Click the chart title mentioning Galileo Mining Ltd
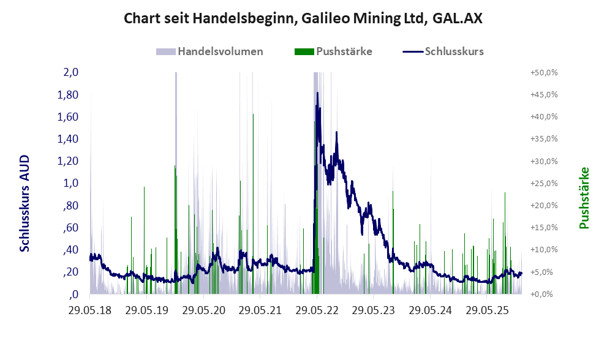point(303,18)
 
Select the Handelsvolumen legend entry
point(211,51)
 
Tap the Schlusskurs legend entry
point(443,51)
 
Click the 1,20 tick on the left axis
point(68,161)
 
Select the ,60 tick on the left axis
point(70,228)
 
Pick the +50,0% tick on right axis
point(543,72)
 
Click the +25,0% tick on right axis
point(543,183)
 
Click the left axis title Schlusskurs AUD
point(25,203)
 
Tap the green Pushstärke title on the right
point(584,198)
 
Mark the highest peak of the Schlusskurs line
point(317,92)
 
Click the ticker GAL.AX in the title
point(457,18)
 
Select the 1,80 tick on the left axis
point(68,95)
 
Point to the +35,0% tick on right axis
point(543,139)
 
